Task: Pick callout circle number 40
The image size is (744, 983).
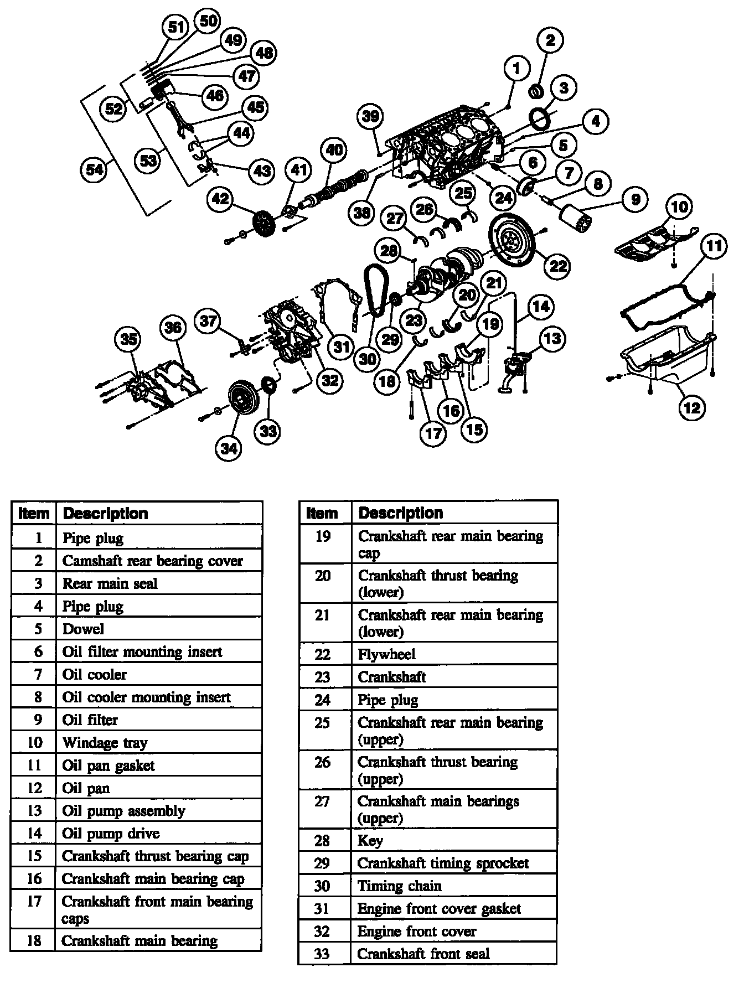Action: (x=334, y=150)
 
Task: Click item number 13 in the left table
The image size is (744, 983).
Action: (x=34, y=810)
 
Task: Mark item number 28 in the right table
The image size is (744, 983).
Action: (x=322, y=840)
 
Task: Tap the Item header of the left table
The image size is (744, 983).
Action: (x=34, y=513)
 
